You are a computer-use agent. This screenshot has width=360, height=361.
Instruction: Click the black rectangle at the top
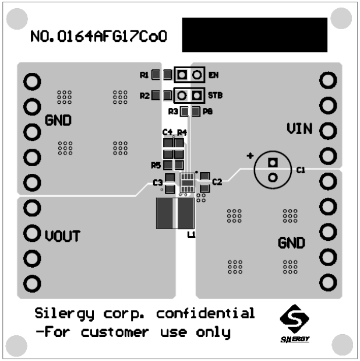point(255,35)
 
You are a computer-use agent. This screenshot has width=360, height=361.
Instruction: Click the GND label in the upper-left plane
point(58,121)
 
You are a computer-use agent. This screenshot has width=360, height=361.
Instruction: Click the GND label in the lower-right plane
point(291,242)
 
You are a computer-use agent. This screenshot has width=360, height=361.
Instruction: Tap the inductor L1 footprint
point(175,214)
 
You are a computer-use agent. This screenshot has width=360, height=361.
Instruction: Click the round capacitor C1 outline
point(272,170)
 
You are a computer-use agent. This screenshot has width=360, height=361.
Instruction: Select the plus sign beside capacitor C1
point(250,156)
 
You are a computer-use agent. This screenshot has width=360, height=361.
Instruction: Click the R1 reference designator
point(144,75)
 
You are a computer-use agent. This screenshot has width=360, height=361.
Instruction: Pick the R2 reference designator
point(144,95)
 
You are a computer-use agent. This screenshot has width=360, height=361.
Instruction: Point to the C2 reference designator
point(217,182)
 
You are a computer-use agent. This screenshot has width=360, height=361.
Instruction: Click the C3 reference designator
point(157,183)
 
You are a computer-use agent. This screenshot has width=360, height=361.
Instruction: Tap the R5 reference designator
point(156,165)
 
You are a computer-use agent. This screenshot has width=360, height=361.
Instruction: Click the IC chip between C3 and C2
point(187,182)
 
